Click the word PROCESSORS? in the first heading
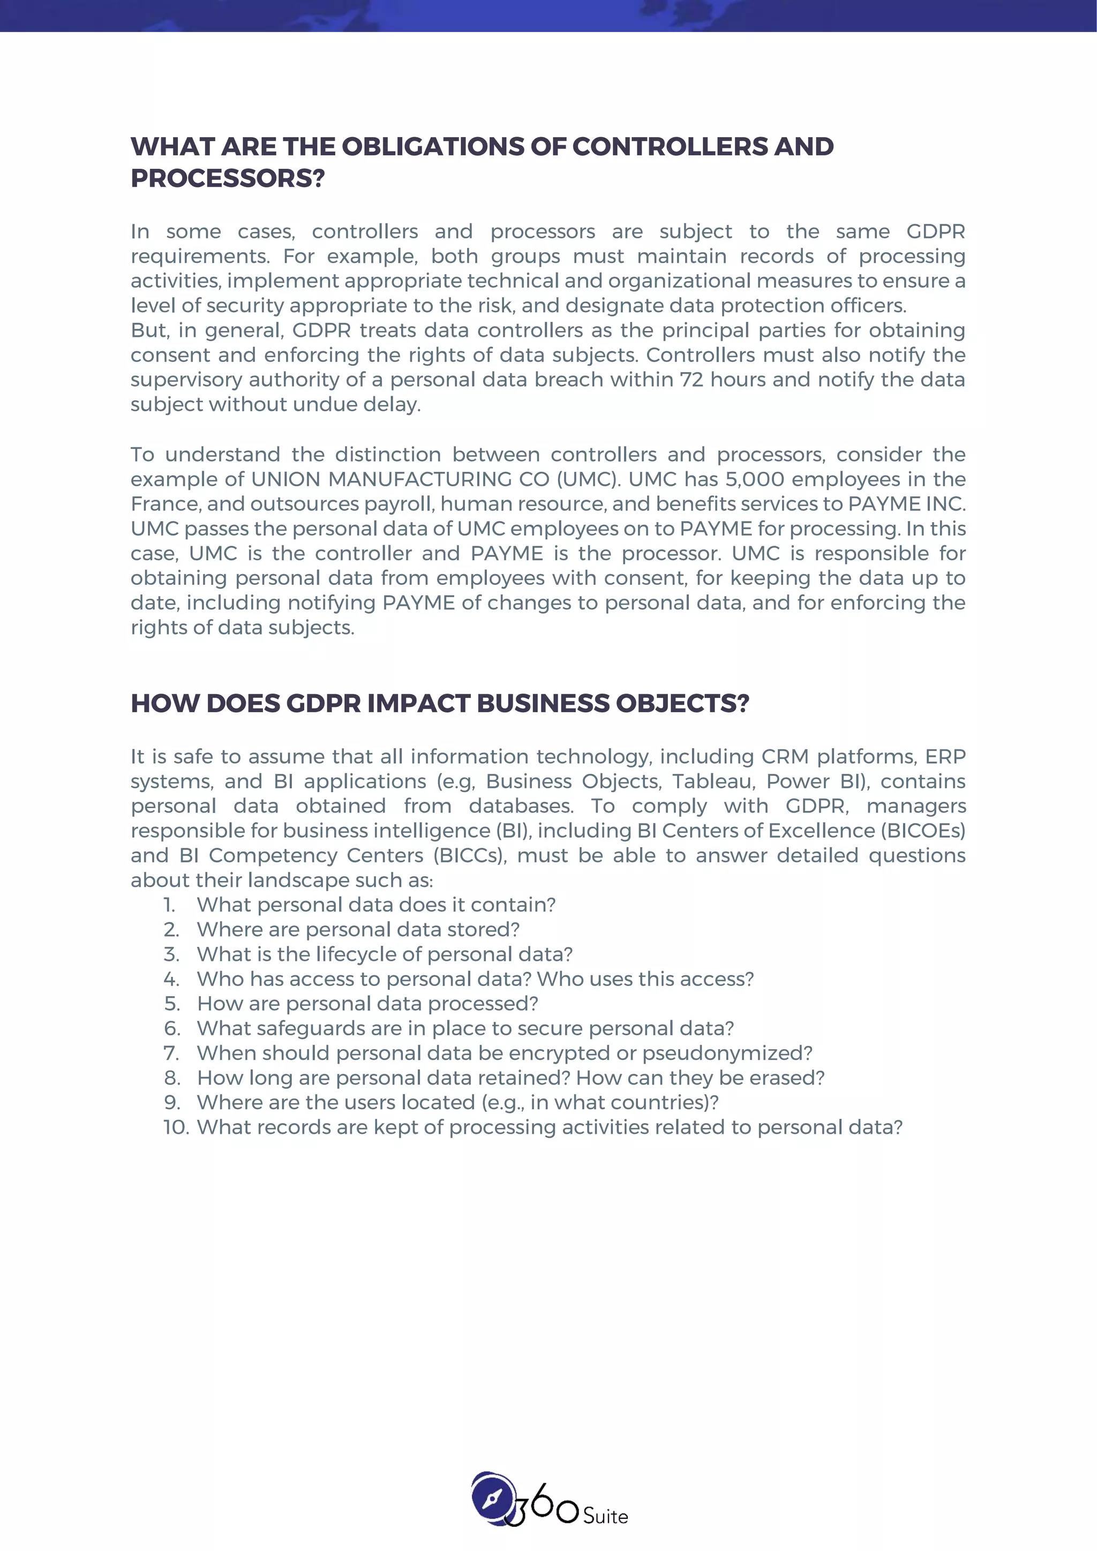click(x=228, y=178)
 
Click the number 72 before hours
click(x=692, y=380)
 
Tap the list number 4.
click(x=171, y=979)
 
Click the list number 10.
click(x=176, y=1127)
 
